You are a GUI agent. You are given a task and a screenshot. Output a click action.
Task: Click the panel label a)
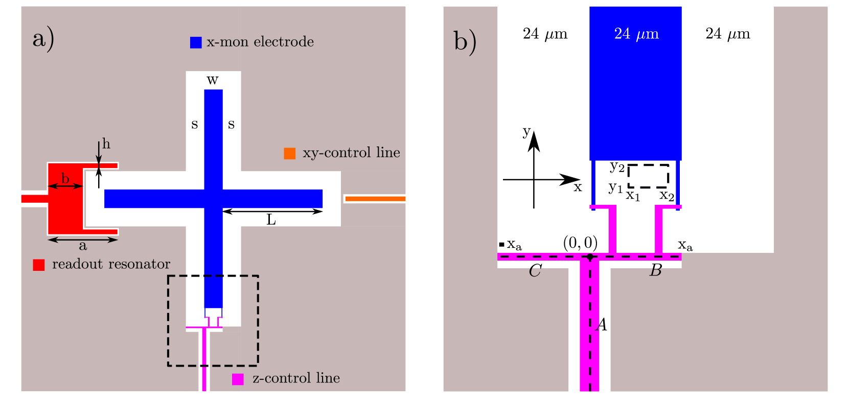pos(43,39)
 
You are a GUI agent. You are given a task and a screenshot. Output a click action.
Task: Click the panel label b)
pos(465,41)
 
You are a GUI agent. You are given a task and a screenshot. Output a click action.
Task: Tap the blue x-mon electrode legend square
pos(196,42)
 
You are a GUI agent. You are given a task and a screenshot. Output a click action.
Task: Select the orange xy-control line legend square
pos(290,154)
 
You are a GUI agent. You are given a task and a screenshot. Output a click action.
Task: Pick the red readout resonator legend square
pos(39,265)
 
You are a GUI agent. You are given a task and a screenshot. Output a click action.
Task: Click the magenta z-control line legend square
pos(238,379)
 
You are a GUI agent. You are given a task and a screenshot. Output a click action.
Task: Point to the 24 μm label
pos(636,34)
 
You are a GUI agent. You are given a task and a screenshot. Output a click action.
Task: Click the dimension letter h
pos(106,144)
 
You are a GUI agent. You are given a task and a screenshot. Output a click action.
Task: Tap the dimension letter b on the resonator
pos(65,179)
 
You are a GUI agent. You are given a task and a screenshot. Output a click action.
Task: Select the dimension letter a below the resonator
pos(83,246)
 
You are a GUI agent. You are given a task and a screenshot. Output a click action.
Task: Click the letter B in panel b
pos(655,271)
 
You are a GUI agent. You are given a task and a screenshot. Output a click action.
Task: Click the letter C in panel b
pos(535,271)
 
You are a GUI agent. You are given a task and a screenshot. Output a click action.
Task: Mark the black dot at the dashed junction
pos(590,257)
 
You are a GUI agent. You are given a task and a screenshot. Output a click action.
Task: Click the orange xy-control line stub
pos(375,199)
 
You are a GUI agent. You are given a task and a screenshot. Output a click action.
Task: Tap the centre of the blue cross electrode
pos(213,199)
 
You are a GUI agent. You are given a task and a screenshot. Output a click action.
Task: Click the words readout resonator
pos(111,264)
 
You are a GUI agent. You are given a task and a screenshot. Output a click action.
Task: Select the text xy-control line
pos(351,153)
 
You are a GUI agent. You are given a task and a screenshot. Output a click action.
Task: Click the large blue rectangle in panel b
pos(635,92)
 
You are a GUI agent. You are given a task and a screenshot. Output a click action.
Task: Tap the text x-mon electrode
pos(260,42)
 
